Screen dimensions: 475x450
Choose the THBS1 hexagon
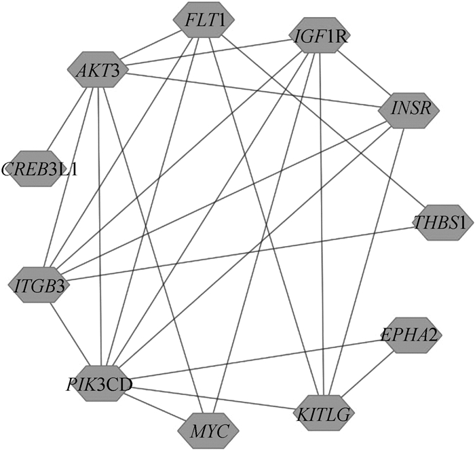443,222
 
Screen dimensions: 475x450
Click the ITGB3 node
39,286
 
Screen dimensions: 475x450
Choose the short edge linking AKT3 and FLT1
151,44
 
